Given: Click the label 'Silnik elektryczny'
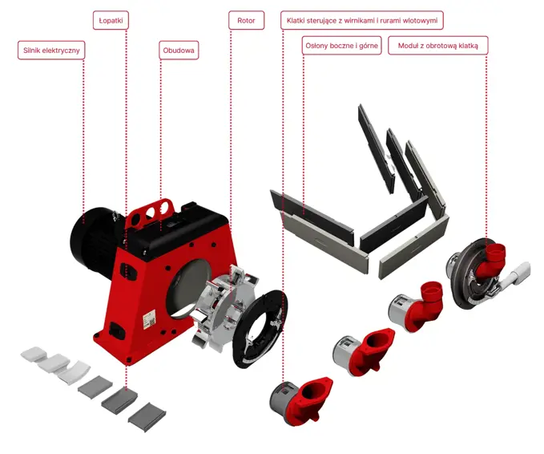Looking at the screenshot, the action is click(x=51, y=51).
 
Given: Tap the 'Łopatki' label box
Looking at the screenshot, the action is click(x=111, y=21).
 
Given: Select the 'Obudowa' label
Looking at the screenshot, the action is click(x=179, y=51).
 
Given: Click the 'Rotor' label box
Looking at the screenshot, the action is click(x=246, y=21).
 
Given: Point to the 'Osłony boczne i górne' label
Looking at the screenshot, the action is click(x=342, y=46).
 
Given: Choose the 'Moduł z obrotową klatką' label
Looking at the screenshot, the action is click(x=437, y=46).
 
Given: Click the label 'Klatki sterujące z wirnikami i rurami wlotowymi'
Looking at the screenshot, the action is click(x=362, y=21).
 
